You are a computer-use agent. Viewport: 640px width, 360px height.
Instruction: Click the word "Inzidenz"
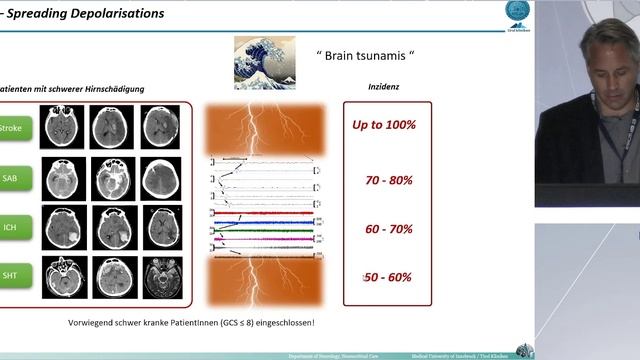pyautogui.click(x=385, y=88)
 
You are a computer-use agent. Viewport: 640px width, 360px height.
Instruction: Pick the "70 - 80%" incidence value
pyautogui.click(x=389, y=180)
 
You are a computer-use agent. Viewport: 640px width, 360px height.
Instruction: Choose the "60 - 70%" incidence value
pyautogui.click(x=389, y=229)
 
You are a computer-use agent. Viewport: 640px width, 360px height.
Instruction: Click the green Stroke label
pyautogui.click(x=13, y=128)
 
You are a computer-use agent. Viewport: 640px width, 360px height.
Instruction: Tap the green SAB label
pyautogui.click(x=13, y=177)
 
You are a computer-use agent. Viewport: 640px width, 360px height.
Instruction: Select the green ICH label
pyautogui.click(x=13, y=227)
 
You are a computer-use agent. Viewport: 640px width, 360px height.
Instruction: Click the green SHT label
pyautogui.click(x=13, y=274)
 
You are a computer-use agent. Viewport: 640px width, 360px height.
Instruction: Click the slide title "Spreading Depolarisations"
pyautogui.click(x=80, y=12)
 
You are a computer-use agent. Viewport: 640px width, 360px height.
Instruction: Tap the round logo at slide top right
pyautogui.click(x=519, y=12)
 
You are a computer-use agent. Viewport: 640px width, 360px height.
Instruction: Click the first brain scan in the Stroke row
pyautogui.click(x=61, y=127)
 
